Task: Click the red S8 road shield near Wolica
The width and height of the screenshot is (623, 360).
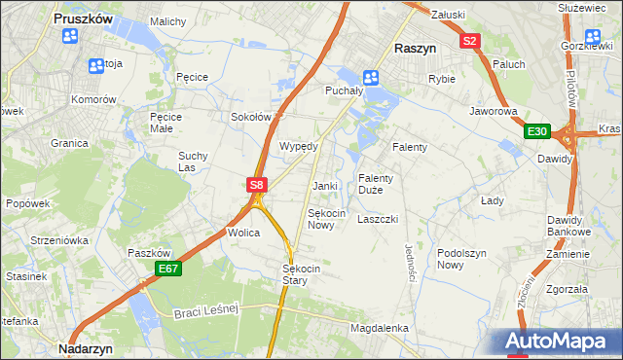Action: coord(256,183)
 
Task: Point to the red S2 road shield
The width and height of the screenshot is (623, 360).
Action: coord(470,40)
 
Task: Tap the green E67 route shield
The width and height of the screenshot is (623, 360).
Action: coord(167,269)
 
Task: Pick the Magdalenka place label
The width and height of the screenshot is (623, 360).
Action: coord(379,328)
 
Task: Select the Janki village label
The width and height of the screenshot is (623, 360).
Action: coord(324,186)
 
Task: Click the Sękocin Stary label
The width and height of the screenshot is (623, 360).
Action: coord(295,273)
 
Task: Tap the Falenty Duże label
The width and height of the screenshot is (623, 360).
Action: coord(376,184)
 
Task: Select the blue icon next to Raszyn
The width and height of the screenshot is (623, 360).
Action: coord(371,77)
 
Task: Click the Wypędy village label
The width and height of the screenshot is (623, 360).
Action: coord(299,146)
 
